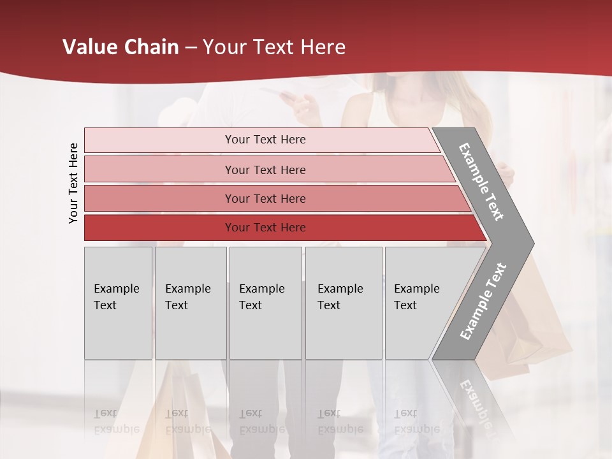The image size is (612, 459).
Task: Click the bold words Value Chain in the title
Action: (x=120, y=47)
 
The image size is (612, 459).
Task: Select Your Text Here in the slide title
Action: (x=274, y=47)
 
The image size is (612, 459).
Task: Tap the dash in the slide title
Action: (x=191, y=48)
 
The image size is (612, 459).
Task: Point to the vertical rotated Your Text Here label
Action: (x=73, y=184)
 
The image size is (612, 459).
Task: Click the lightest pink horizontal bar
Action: (x=159, y=140)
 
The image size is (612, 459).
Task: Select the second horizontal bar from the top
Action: (x=159, y=170)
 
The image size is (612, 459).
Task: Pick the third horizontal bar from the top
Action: (x=159, y=198)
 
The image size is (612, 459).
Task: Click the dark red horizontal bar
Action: (x=159, y=228)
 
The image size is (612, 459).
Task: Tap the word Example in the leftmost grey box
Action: (x=116, y=289)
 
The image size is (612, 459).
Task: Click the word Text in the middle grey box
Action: (x=251, y=305)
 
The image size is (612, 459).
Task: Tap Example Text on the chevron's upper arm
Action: (x=482, y=182)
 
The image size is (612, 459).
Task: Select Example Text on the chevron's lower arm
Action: (x=483, y=302)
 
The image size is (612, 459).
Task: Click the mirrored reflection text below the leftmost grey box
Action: (x=116, y=421)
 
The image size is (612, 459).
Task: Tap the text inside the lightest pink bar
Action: (x=265, y=140)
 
